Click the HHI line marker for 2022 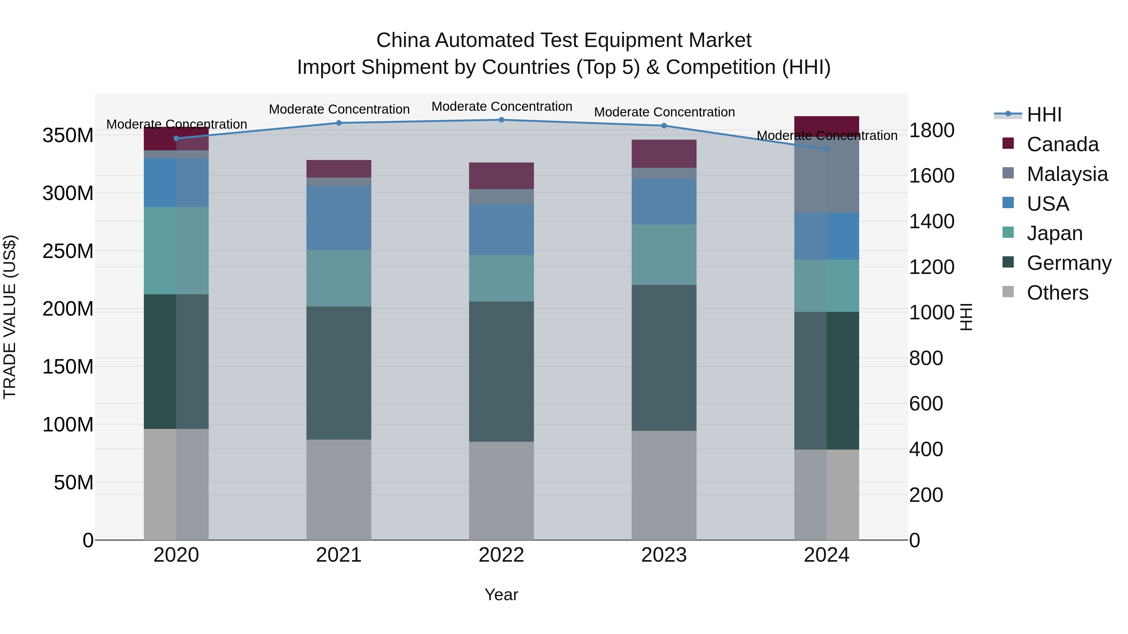501,120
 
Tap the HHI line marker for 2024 826,149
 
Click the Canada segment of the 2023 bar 664,154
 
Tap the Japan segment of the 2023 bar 664,255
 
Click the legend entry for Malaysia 1067,174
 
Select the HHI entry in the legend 1044,115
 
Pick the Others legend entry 1057,293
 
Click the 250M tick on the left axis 68,251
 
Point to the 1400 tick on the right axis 932,221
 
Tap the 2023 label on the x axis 664,555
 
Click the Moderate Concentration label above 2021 339,109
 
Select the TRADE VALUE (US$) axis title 10,317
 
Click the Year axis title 501,595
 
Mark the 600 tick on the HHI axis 926,404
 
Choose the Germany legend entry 1069,263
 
